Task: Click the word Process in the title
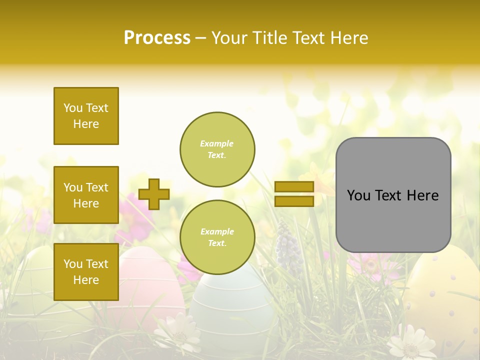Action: [157, 38]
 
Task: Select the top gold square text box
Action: [86, 116]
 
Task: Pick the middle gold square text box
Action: [86, 195]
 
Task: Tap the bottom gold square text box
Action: [86, 272]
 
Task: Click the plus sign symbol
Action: [154, 194]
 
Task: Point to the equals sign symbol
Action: [294, 194]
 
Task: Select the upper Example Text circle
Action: [217, 149]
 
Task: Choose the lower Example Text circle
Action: [217, 237]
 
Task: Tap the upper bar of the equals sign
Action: [294, 187]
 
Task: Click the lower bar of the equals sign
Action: [294, 201]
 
